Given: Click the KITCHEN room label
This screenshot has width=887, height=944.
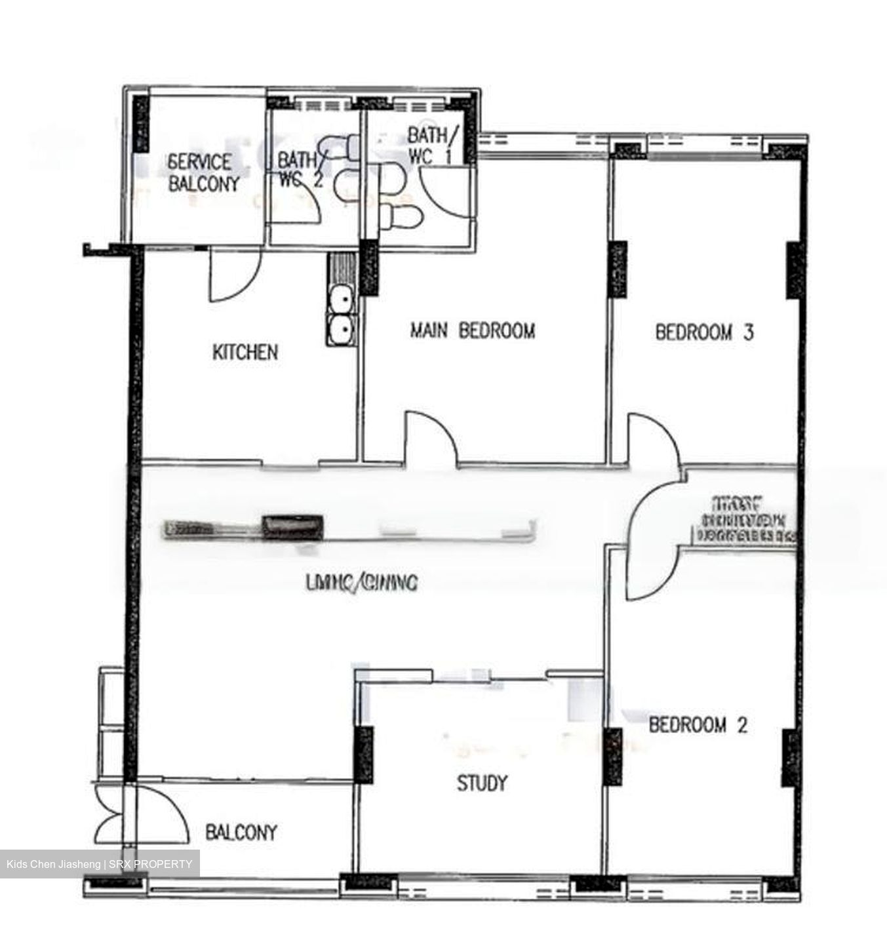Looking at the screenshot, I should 245,352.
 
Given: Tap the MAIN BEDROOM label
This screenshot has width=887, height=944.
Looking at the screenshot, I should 472,330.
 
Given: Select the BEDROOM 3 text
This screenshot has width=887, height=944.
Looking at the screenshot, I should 704,332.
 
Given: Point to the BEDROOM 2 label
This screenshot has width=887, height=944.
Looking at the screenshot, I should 698,725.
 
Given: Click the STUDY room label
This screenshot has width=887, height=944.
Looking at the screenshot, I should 482,783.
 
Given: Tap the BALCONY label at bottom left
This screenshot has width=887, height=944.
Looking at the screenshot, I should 241,833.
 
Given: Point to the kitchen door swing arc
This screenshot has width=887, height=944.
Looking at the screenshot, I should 234,275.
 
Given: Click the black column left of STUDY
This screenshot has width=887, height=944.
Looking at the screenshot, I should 364,754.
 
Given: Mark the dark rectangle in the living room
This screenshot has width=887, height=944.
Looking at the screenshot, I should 292,526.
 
